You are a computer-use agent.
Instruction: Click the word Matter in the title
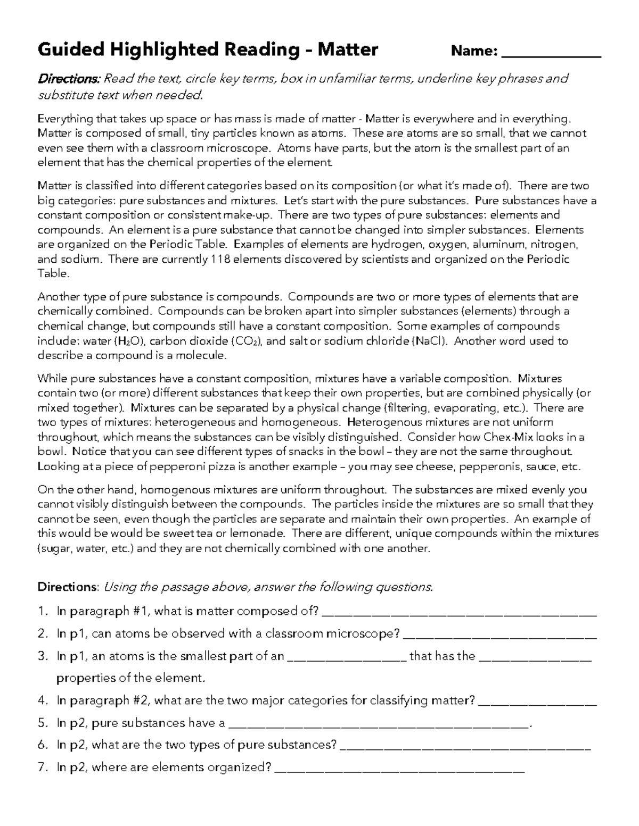click(x=348, y=50)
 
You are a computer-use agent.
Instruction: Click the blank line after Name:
click(x=552, y=53)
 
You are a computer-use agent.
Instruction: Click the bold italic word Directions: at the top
click(x=69, y=79)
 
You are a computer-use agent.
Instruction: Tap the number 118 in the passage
click(x=221, y=260)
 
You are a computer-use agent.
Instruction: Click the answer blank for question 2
click(x=500, y=636)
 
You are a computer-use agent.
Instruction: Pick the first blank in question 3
click(x=347, y=658)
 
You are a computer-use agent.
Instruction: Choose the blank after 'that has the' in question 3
click(x=535, y=658)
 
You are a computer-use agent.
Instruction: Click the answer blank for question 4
click(x=538, y=703)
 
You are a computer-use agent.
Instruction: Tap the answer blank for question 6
click(x=465, y=747)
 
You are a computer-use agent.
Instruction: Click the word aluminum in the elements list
click(x=498, y=245)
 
